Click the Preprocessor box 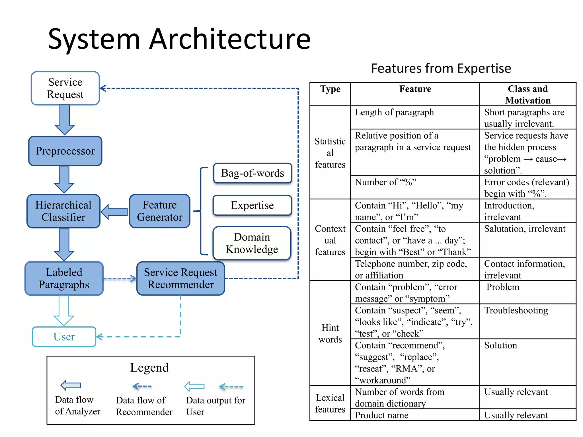click(x=65, y=151)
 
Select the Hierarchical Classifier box click(x=63, y=211)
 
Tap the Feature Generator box click(x=159, y=211)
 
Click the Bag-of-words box click(x=252, y=173)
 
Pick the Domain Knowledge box click(x=252, y=243)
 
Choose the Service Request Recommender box click(x=180, y=279)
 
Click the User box click(x=64, y=337)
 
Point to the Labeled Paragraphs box click(x=64, y=279)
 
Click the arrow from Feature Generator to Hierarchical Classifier click(x=114, y=212)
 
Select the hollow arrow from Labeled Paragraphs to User click(x=64, y=310)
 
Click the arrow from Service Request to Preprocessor click(x=65, y=120)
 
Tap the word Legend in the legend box click(x=149, y=368)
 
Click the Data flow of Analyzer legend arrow click(x=71, y=386)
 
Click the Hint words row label click(x=330, y=333)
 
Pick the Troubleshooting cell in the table click(x=516, y=310)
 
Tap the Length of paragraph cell click(x=394, y=112)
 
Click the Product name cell click(x=381, y=415)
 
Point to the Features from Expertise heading click(x=441, y=69)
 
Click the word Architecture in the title click(x=230, y=39)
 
